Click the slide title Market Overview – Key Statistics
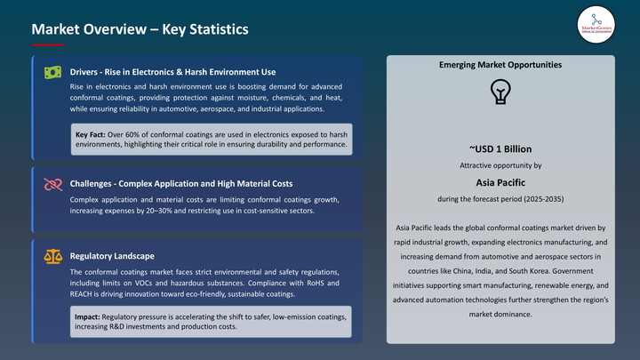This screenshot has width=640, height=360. pos(139,28)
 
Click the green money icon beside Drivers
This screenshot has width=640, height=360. pos(52,71)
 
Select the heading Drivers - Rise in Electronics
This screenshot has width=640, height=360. pos(172,72)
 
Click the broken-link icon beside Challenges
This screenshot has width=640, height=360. pos(52,184)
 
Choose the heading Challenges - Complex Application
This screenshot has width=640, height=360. pos(181,184)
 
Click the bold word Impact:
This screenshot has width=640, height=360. pos(88,317)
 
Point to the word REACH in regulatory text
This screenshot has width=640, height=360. pos(84,294)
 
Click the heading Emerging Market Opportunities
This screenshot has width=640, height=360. pos(500,66)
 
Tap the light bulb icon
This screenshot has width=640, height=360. pos(500,92)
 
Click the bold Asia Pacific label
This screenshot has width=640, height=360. pos(500,181)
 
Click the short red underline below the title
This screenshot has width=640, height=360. pos(47,44)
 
